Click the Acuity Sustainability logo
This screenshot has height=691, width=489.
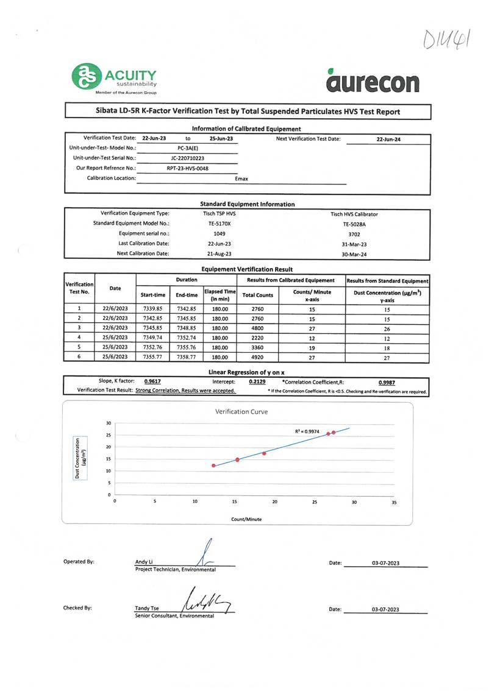click(115, 79)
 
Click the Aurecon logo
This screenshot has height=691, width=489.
click(373, 81)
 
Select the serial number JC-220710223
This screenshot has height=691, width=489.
click(187, 158)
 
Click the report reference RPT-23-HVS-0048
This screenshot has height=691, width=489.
click(187, 168)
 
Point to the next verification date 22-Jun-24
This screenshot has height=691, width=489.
click(388, 140)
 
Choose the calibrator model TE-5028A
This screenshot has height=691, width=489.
click(354, 224)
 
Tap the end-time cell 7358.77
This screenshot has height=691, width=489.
click(187, 357)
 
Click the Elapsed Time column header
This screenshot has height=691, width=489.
click(220, 294)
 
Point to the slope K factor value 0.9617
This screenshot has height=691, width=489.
click(152, 381)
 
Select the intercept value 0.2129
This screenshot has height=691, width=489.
click(257, 381)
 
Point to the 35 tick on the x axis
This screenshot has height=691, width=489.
click(394, 502)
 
